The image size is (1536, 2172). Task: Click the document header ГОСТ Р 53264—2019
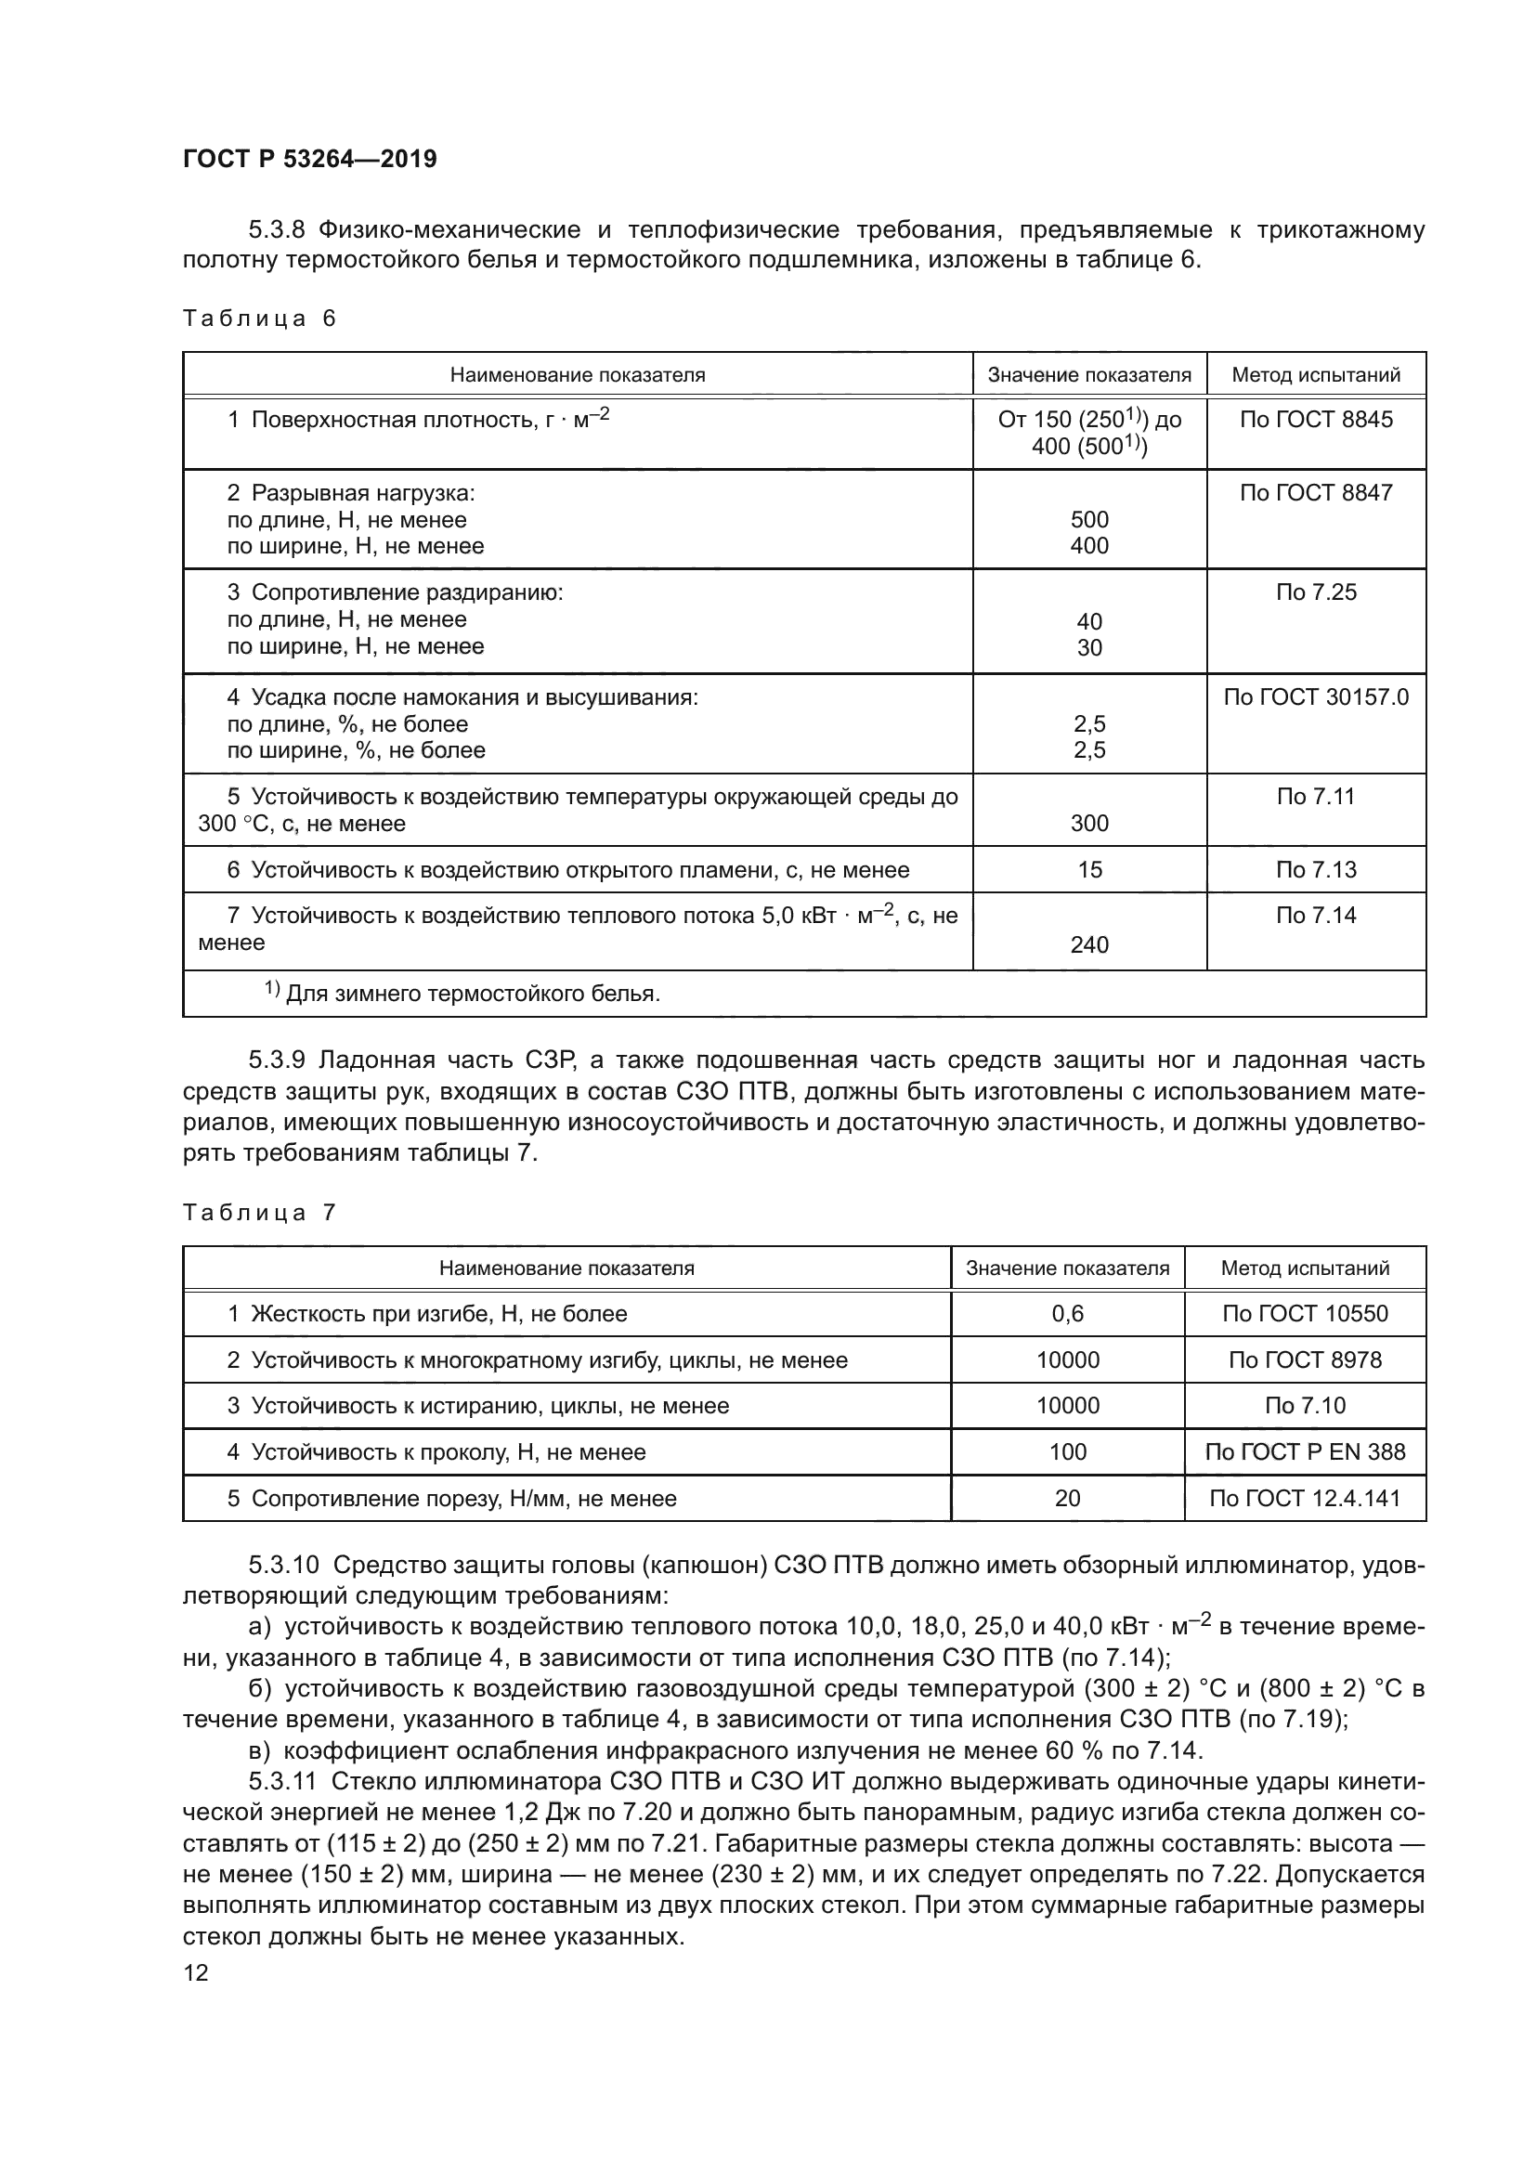click(309, 159)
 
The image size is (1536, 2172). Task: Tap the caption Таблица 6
click(259, 318)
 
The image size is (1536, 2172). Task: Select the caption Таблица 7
click(259, 1213)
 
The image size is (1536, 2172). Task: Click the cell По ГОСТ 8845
click(1316, 419)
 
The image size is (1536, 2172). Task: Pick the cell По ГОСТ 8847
click(1316, 492)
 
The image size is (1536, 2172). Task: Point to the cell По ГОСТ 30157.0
click(1316, 697)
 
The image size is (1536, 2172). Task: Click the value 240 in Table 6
click(1088, 944)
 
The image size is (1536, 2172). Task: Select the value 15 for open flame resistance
click(1088, 869)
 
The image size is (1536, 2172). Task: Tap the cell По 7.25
click(1316, 592)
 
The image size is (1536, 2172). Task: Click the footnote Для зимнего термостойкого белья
click(471, 994)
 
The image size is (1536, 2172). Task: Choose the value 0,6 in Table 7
click(1067, 1314)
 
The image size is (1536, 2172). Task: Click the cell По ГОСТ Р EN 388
click(1304, 1452)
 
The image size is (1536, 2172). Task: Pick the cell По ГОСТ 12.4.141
click(1304, 1499)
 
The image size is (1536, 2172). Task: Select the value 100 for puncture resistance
click(1067, 1452)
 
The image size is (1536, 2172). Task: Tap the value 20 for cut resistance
click(1067, 1499)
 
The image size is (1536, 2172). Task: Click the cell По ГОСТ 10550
click(1304, 1314)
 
